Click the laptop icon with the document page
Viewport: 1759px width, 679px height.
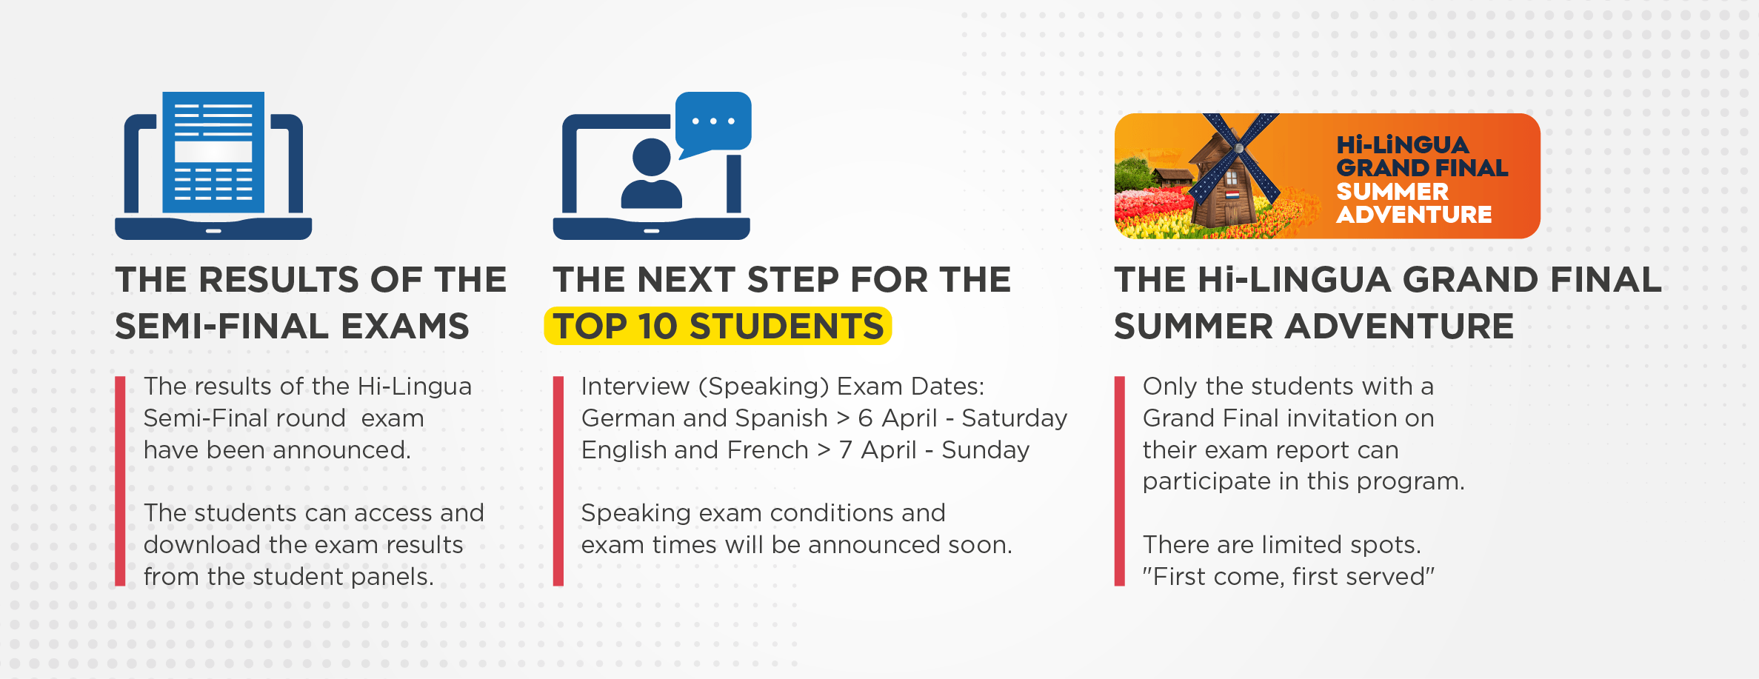pos(213,166)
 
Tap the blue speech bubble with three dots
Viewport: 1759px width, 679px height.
pos(713,121)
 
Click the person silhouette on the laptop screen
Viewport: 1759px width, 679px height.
pos(651,175)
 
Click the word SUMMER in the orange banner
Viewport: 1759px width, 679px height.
pos(1392,192)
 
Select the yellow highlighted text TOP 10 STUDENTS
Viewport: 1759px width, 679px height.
pos(718,327)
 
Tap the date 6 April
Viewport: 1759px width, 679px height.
pos(898,418)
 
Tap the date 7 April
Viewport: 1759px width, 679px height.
pos(878,450)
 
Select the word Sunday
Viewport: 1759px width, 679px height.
pos(985,450)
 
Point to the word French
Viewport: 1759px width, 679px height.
pos(767,450)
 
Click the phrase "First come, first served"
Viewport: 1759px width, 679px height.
pos(1288,577)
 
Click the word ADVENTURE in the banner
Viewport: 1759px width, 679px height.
pos(1414,215)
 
